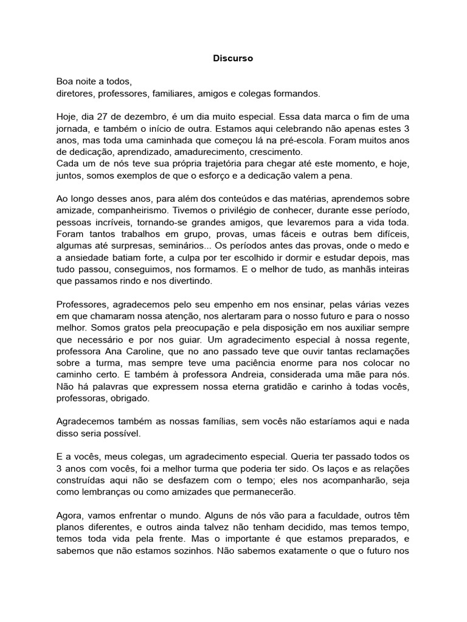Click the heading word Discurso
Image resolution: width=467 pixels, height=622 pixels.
point(233,59)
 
